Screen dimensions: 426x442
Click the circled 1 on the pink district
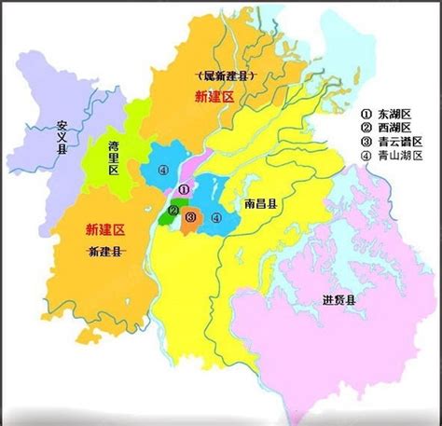(183, 190)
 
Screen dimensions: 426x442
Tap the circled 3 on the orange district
(190, 218)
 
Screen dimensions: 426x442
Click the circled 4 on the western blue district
(162, 170)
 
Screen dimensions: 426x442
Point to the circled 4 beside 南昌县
(216, 218)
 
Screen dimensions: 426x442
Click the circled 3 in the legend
(367, 141)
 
